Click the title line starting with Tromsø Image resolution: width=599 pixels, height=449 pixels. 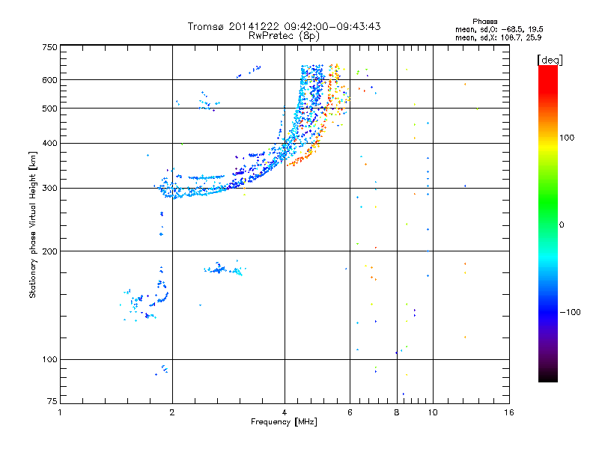(284, 26)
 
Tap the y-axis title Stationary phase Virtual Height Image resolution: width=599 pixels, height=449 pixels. (33, 225)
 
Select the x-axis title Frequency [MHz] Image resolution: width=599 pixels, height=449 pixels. (284, 422)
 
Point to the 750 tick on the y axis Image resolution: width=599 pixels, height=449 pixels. (49, 47)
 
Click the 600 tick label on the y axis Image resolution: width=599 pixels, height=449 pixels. (49, 79)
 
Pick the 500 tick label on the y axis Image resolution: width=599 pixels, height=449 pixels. (49, 108)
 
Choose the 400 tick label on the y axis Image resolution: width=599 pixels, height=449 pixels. (49, 143)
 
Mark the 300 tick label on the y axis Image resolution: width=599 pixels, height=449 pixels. (49, 188)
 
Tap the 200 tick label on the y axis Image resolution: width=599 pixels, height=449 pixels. (49, 251)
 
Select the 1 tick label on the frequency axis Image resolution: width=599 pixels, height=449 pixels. (60, 412)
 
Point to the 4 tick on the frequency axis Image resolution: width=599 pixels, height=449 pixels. (285, 412)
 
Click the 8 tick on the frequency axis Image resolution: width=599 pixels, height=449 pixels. (397, 412)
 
